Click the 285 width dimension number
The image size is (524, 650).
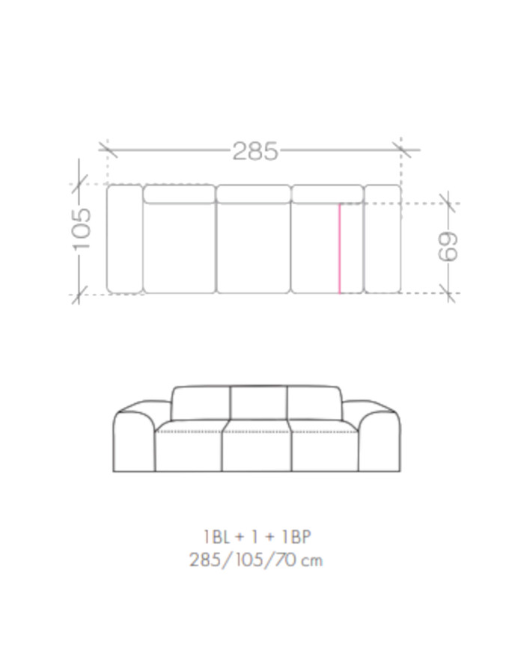coord(255,151)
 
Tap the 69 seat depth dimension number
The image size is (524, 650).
coord(448,247)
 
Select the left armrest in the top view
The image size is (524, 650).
coord(124,238)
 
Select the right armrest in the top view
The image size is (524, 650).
coord(383,238)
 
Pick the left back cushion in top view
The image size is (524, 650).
coord(179,194)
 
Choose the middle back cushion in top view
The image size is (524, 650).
coord(253,194)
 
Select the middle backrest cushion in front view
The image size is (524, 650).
coord(258,403)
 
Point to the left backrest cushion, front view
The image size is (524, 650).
coord(201,403)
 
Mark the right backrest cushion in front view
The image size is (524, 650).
coord(314,403)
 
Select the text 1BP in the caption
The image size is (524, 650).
coord(297,536)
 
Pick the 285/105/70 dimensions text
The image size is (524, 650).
coord(243,559)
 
